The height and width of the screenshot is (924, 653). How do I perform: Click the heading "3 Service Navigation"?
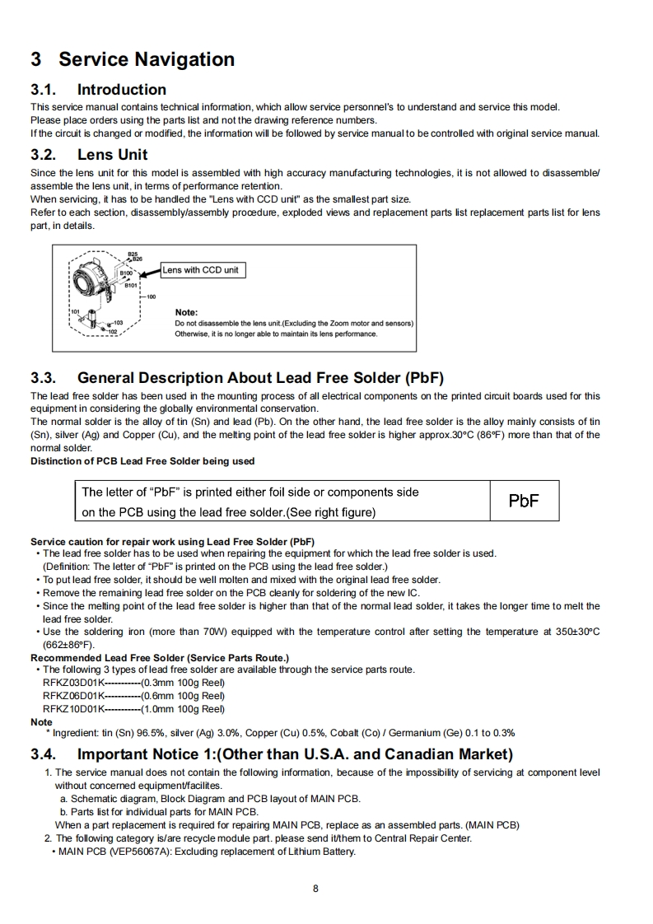[133, 59]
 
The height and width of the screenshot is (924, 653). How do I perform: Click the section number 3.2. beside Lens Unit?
[48, 154]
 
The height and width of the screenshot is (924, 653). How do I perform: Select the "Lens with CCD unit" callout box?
[203, 270]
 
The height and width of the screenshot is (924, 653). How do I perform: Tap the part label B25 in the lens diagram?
[133, 254]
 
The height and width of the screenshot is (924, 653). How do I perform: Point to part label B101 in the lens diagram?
[141, 285]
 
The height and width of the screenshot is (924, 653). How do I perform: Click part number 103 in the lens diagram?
[118, 322]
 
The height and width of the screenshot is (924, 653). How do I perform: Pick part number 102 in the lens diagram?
[114, 330]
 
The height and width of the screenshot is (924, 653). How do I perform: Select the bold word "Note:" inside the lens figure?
[187, 312]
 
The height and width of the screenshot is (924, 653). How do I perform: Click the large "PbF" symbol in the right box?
[524, 501]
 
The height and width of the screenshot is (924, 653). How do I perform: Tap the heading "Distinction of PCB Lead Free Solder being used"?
[142, 461]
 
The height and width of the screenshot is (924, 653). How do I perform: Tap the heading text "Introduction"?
[122, 90]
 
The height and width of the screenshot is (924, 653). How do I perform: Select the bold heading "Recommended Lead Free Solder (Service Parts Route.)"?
[160, 657]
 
